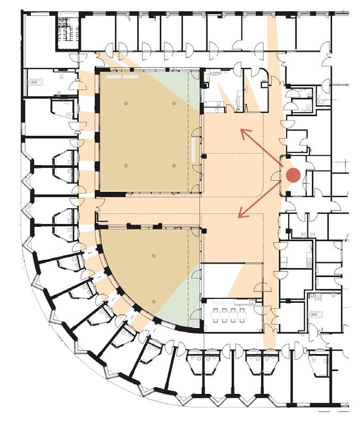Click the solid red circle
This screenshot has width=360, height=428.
point(293,175)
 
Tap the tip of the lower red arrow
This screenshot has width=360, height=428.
point(239,217)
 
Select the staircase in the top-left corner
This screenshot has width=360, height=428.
point(68,32)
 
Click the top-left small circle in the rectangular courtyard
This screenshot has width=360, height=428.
point(125,102)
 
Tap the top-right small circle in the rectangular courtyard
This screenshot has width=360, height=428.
point(174,102)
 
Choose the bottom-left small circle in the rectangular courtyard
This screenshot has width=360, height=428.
point(125,166)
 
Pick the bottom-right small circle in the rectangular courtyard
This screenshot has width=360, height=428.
point(174,166)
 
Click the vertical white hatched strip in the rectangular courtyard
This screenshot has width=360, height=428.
point(194,150)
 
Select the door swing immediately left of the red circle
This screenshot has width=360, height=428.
point(278,175)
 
